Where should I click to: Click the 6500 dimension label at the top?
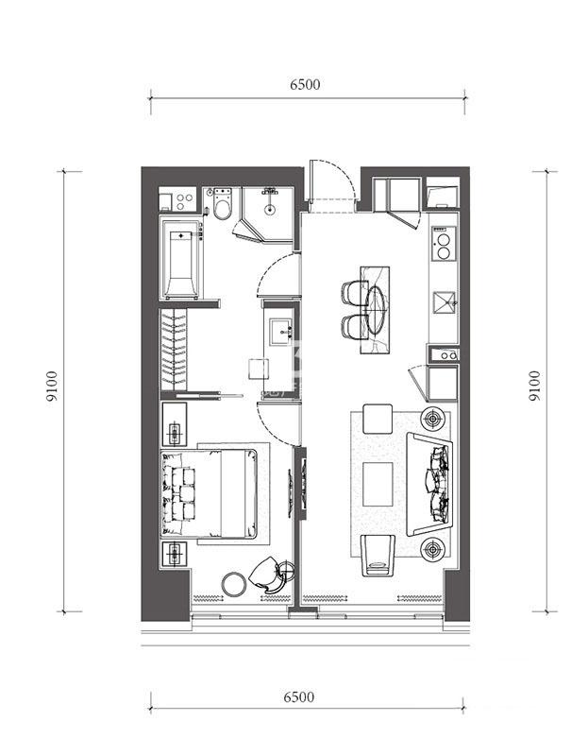(305, 84)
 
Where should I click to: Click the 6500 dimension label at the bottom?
(298, 696)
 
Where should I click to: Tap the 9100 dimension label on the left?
(52, 386)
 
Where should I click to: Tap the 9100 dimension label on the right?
(534, 386)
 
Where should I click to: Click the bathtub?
(181, 261)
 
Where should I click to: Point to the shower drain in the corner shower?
(270, 209)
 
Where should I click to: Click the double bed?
(209, 493)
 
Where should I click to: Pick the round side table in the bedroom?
(234, 584)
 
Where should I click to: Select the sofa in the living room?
(429, 484)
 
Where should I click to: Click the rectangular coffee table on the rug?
(378, 484)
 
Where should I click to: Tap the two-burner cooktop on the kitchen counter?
(443, 244)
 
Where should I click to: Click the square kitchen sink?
(444, 301)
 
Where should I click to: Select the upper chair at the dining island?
(355, 293)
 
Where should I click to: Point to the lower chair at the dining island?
(355, 326)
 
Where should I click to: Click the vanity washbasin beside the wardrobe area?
(280, 332)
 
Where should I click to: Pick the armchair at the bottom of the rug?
(378, 555)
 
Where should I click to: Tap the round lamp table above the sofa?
(433, 419)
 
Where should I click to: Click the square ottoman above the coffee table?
(378, 419)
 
